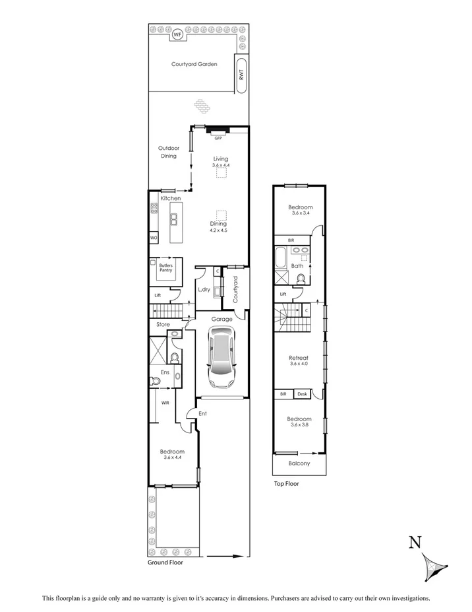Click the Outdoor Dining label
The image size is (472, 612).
tap(167, 152)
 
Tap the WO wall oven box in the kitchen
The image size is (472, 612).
tap(153, 237)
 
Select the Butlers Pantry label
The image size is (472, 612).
tap(166, 267)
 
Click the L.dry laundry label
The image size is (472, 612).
tap(204, 289)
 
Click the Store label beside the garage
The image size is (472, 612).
tap(163, 324)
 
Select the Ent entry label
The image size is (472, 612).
tap(203, 414)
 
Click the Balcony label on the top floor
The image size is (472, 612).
tap(300, 463)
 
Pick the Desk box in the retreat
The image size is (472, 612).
tap(303, 394)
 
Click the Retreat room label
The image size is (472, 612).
tap(299, 358)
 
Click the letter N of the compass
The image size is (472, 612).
tap(415, 543)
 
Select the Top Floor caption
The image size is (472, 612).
tap(287, 484)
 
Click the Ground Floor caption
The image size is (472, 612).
tap(165, 562)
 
